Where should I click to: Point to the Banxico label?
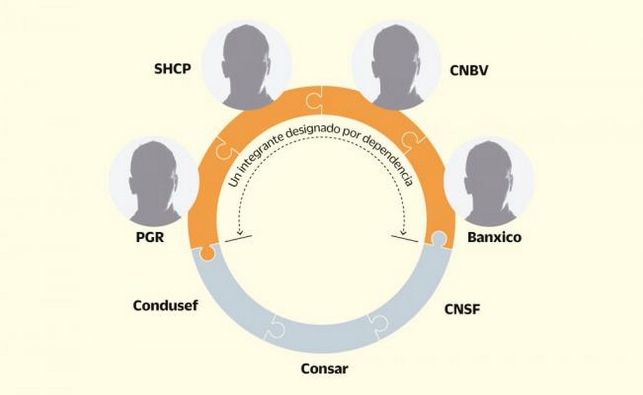tap(494, 239)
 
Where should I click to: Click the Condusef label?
tap(165, 306)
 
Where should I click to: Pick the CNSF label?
tap(462, 309)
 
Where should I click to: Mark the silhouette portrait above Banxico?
tap(489, 182)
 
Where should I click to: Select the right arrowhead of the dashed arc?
tap(406, 230)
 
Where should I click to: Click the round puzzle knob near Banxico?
tap(438, 238)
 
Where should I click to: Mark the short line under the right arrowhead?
tap(404, 237)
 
